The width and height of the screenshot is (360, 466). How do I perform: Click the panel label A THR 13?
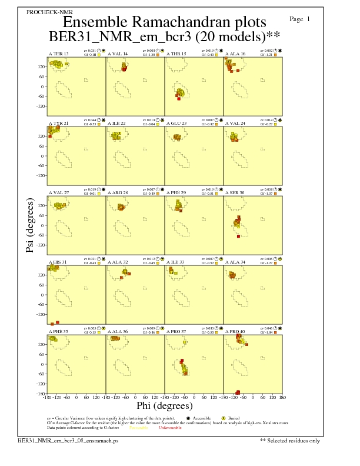(x=58, y=54)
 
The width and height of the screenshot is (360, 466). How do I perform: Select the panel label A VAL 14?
(x=118, y=54)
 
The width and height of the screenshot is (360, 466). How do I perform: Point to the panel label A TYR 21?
(x=58, y=123)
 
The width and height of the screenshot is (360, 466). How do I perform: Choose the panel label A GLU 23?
(x=176, y=123)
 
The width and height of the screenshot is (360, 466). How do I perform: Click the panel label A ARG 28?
(x=118, y=192)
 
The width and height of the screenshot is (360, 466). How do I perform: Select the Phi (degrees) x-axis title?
(x=165, y=406)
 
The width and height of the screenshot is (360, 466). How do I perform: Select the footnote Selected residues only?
(x=293, y=440)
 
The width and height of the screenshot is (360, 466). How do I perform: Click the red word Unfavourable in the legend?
(x=170, y=428)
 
